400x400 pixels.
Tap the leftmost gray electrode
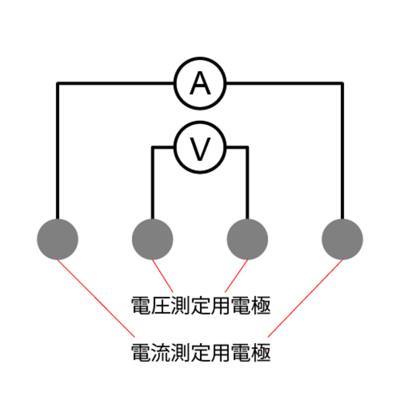click(x=57, y=239)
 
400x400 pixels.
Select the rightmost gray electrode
click(x=342, y=239)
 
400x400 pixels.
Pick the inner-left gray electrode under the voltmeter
click(x=152, y=239)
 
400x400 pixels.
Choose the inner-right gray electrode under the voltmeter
click(x=247, y=239)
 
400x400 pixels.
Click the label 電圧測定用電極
click(x=201, y=305)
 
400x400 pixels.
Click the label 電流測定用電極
click(x=201, y=353)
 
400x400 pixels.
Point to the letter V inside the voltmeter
click(x=200, y=149)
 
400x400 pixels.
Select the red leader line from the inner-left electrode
click(x=163, y=276)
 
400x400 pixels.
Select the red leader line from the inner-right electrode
click(x=236, y=276)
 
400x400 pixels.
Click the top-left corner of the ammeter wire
click(x=58, y=83)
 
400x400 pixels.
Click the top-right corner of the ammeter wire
click(x=342, y=83)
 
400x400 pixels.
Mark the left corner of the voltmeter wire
click(x=153, y=147)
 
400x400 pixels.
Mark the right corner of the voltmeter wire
click(x=247, y=147)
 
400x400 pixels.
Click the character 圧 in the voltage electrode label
click(x=161, y=305)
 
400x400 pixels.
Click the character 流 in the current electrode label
click(x=161, y=353)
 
